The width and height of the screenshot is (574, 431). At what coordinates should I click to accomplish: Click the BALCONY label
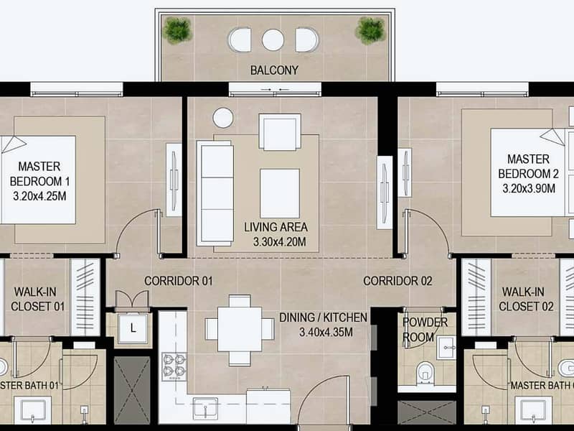[x=274, y=70]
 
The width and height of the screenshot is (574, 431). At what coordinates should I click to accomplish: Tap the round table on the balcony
[x=273, y=40]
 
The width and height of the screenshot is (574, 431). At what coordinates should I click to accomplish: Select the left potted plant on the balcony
[x=177, y=30]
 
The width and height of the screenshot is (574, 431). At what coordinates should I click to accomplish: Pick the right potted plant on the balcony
[x=370, y=30]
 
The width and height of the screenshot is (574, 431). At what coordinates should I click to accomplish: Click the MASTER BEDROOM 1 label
[x=39, y=174]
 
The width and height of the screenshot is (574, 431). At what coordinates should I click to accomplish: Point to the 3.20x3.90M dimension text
[x=529, y=188]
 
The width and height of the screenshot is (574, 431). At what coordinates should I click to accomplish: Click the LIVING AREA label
[x=276, y=227]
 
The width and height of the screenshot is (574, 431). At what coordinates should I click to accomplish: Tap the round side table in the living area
[x=223, y=118]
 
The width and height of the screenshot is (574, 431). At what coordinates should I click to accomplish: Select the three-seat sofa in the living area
[x=215, y=193]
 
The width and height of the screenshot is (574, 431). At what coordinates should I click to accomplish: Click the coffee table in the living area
[x=280, y=193]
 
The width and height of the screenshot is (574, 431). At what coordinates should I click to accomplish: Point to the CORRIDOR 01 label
[x=178, y=281]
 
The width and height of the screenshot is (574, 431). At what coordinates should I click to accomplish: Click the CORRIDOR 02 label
[x=397, y=281]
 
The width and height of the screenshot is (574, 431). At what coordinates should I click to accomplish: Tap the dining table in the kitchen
[x=240, y=330]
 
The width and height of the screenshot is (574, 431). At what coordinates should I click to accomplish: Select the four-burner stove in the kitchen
[x=174, y=366]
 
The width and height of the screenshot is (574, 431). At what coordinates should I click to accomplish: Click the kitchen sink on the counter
[x=205, y=408]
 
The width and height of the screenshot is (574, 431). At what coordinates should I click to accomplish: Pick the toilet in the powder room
[x=425, y=373]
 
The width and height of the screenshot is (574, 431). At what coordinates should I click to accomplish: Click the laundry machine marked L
[x=133, y=328]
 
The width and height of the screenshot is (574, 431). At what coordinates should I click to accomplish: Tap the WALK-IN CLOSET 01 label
[x=37, y=299]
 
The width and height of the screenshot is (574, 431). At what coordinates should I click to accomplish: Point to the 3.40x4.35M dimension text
[x=326, y=333]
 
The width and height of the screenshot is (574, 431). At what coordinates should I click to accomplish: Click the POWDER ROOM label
[x=425, y=330]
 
